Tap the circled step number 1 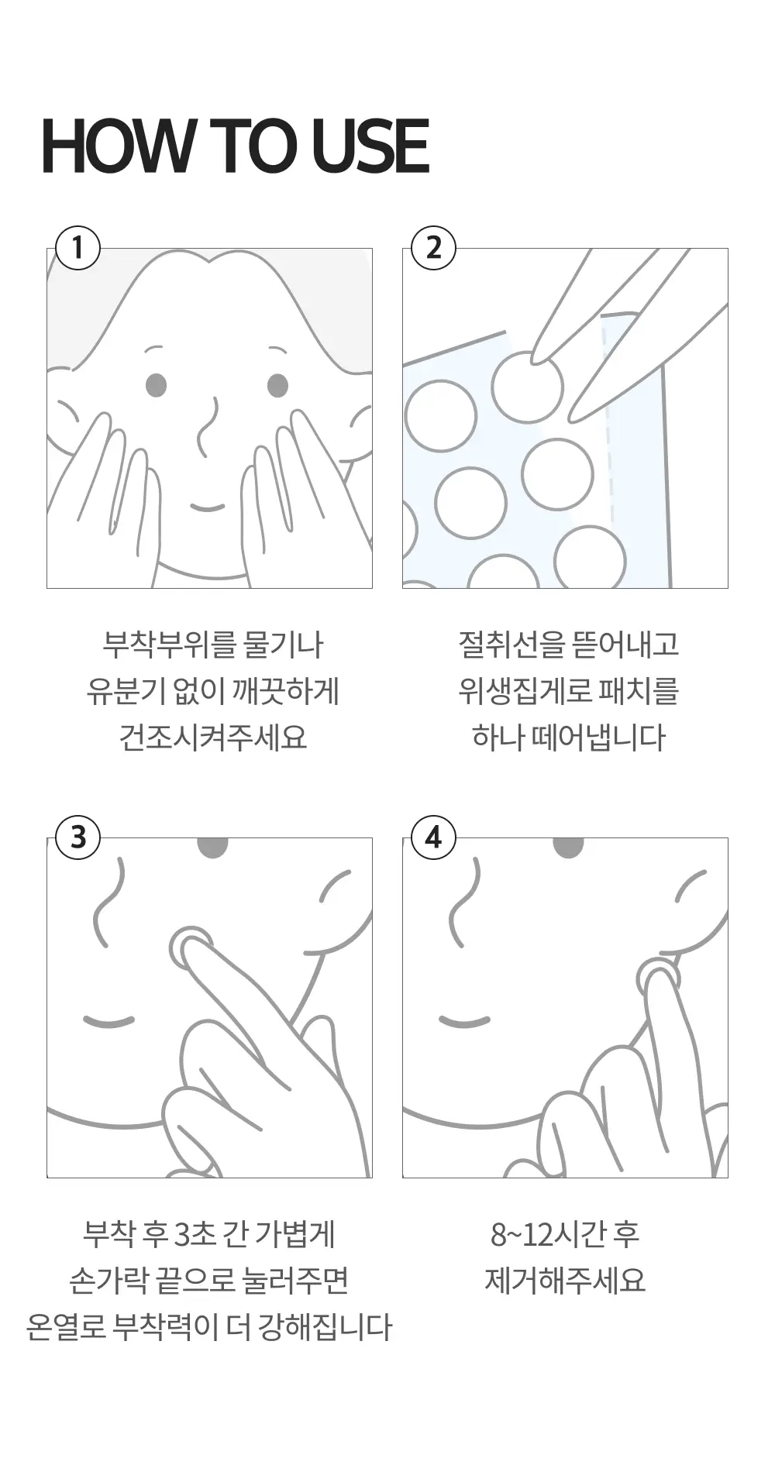77,248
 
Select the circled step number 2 434,248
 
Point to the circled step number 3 77,837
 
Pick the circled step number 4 434,837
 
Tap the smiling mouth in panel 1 208,507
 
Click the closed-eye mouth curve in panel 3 108,1021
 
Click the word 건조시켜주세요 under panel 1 213,737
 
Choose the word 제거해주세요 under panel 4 565,1280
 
